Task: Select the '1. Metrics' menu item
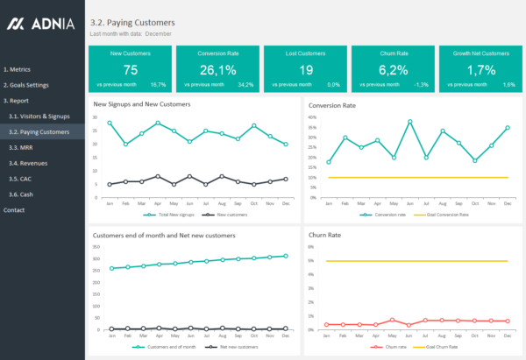18,68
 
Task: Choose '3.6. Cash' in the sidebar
21,194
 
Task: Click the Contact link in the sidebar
14,210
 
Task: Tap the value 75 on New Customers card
130,70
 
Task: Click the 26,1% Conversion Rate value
217,70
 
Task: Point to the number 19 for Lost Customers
305,70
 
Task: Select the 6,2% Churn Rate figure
393,70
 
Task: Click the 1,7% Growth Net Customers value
480,70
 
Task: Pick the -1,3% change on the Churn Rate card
422,85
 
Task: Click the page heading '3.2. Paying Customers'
132,22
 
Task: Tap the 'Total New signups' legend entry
171,215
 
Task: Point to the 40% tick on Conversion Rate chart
311,116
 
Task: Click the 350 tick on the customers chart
97,246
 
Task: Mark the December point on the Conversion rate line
507,128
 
